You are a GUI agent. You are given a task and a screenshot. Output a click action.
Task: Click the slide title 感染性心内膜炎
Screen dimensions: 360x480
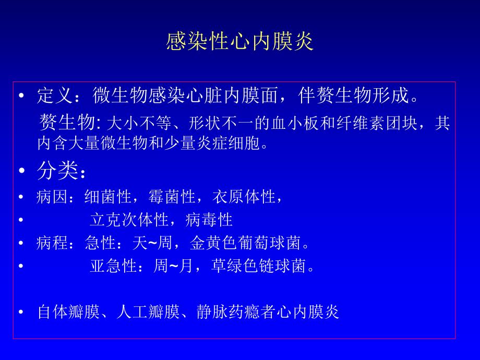[x=240, y=42]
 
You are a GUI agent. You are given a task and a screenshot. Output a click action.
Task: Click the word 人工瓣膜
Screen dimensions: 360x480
[x=148, y=312]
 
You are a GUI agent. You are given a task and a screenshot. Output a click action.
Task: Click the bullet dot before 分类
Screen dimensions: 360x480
[x=21, y=171]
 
